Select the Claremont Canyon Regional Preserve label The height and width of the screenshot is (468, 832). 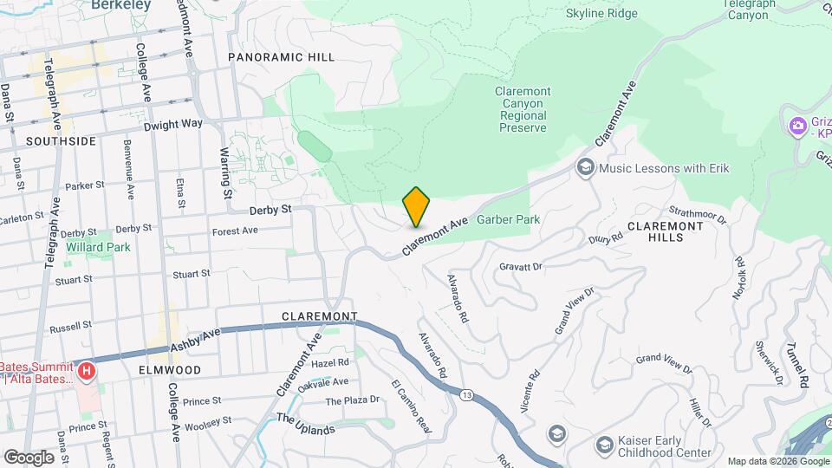pyautogui.click(x=523, y=109)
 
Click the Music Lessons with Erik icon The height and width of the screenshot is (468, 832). pyautogui.click(x=585, y=167)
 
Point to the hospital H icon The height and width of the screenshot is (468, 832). pyautogui.click(x=86, y=373)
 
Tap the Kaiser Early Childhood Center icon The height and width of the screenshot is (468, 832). pyautogui.click(x=604, y=445)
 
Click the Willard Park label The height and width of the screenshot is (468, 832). pyautogui.click(x=96, y=247)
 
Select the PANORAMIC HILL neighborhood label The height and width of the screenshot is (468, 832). pyautogui.click(x=281, y=57)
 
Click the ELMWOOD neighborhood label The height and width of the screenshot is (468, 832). pyautogui.click(x=170, y=370)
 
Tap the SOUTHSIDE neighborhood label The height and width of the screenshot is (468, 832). pyautogui.click(x=61, y=140)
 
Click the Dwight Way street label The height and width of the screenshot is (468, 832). pyautogui.click(x=172, y=124)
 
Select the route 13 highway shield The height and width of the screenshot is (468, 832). pyautogui.click(x=468, y=396)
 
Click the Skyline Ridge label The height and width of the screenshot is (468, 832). pyautogui.click(x=601, y=14)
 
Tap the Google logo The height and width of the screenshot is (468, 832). pyautogui.click(x=29, y=457)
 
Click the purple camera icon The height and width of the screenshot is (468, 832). pyautogui.click(x=796, y=127)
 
